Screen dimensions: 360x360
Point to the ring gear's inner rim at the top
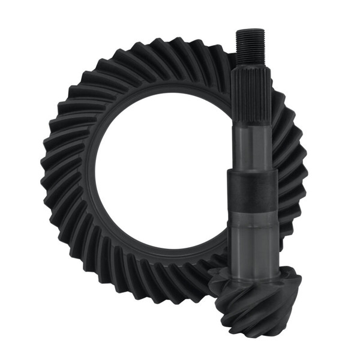click(x=162, y=95)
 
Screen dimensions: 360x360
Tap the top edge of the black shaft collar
click(x=252, y=171)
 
